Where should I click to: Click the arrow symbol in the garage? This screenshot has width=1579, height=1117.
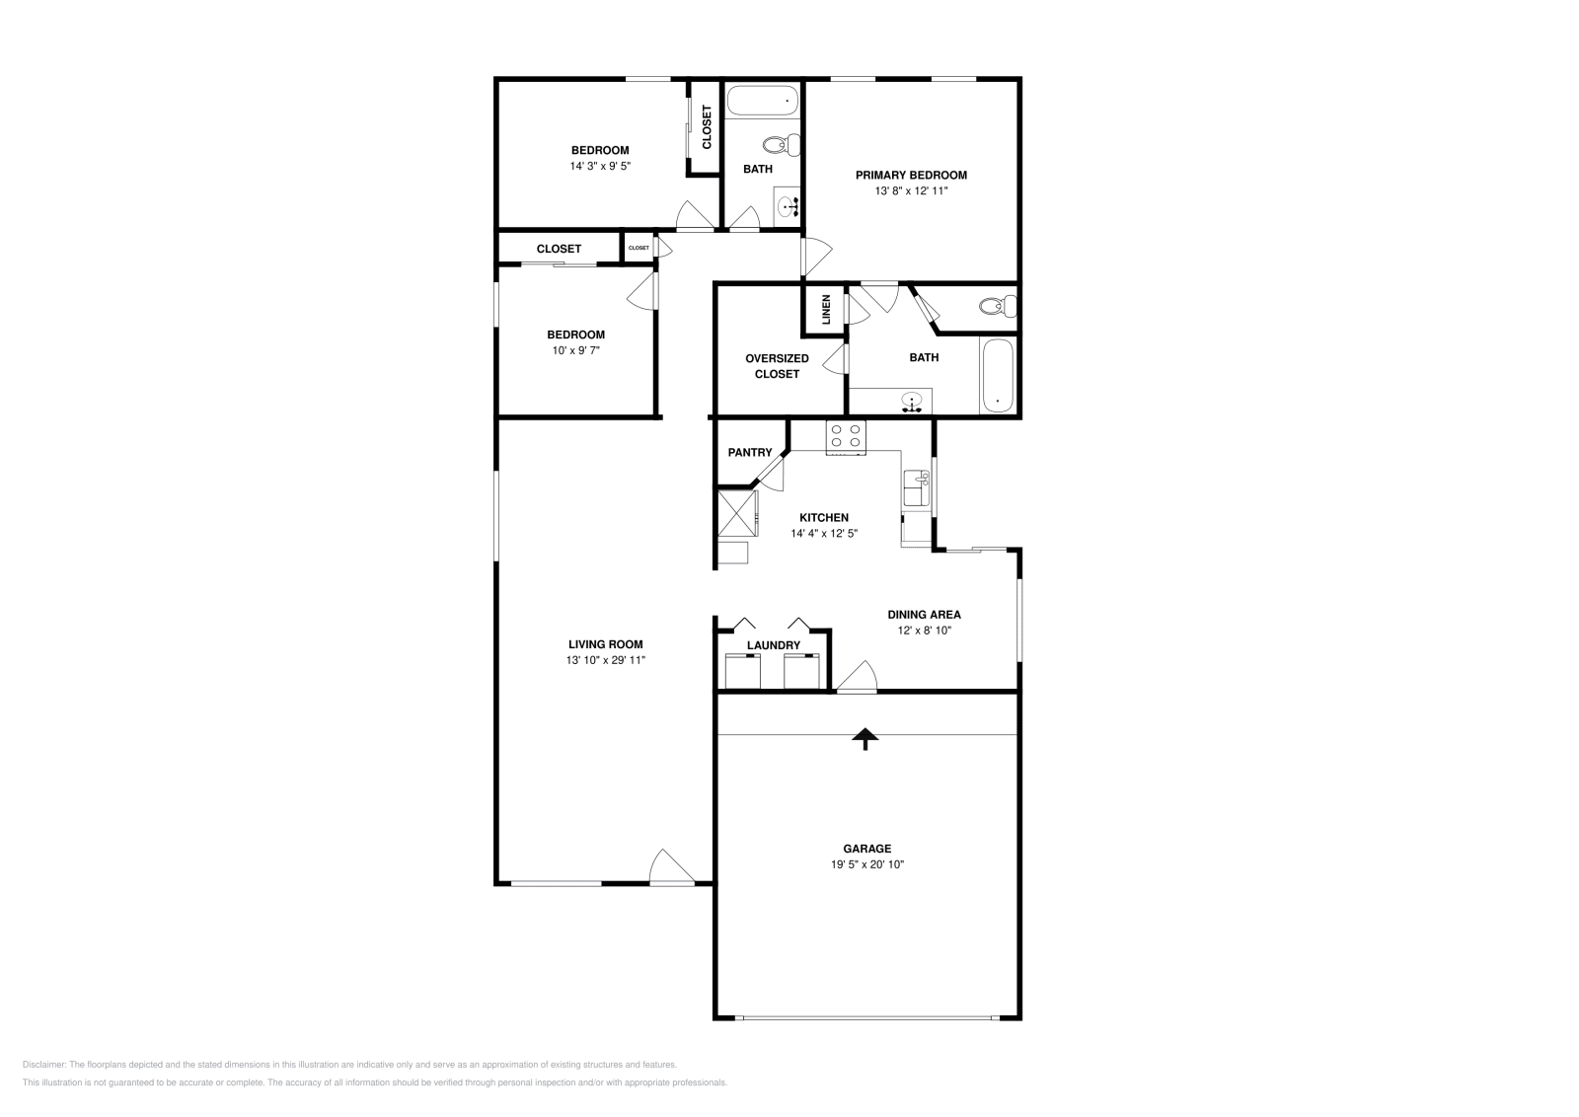pyautogui.click(x=865, y=739)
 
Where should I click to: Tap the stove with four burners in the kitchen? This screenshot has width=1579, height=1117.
pyautogui.click(x=846, y=437)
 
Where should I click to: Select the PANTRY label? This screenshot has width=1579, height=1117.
pyautogui.click(x=750, y=453)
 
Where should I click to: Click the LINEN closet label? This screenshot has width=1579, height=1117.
pyautogui.click(x=826, y=310)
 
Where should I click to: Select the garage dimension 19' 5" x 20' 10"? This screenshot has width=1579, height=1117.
pyautogui.click(x=867, y=864)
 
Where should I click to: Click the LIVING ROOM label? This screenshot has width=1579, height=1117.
pyautogui.click(x=605, y=644)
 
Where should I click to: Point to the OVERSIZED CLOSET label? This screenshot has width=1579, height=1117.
pyautogui.click(x=777, y=366)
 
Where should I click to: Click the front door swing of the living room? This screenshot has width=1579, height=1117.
pyautogui.click(x=670, y=867)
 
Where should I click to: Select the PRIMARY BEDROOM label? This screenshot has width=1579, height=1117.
pyautogui.click(x=911, y=175)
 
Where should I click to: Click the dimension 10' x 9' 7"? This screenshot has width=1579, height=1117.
pyautogui.click(x=575, y=350)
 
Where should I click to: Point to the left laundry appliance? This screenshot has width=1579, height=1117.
pyautogui.click(x=742, y=672)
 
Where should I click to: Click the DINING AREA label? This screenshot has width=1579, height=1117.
pyautogui.click(x=924, y=614)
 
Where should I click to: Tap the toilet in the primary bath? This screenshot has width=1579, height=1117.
pyautogui.click(x=997, y=306)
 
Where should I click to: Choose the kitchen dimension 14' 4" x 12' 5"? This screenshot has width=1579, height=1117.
pyautogui.click(x=824, y=533)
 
